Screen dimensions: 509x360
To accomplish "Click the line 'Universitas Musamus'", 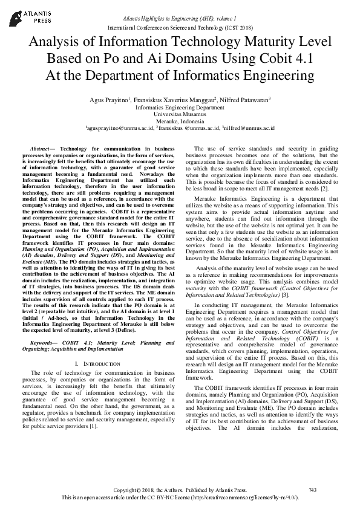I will click(180, 113).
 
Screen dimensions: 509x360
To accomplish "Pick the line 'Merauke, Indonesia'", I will click(180, 120).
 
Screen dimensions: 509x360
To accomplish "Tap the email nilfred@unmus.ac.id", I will click(249, 128).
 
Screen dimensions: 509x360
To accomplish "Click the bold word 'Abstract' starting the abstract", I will click(39, 148).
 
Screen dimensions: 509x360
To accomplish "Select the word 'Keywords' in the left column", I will click(44, 343).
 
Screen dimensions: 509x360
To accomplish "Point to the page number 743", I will click(312, 490).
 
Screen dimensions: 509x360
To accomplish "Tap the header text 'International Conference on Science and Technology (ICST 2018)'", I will click(180, 28).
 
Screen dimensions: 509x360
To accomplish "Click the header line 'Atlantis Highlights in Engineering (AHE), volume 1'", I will click(180, 20).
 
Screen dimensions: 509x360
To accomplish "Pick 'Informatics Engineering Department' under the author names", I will click(180, 106).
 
